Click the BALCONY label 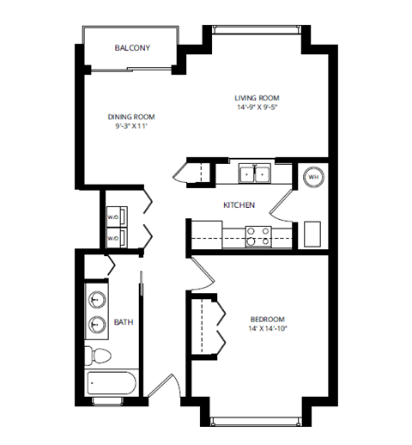[132, 48]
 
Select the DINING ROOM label [131, 117]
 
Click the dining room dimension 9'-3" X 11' [131, 127]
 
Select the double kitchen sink [254, 174]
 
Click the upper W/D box [114, 216]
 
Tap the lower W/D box [114, 237]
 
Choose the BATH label [123, 323]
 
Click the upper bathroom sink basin [97, 301]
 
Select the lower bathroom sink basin [97, 325]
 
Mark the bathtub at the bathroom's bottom [111, 387]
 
